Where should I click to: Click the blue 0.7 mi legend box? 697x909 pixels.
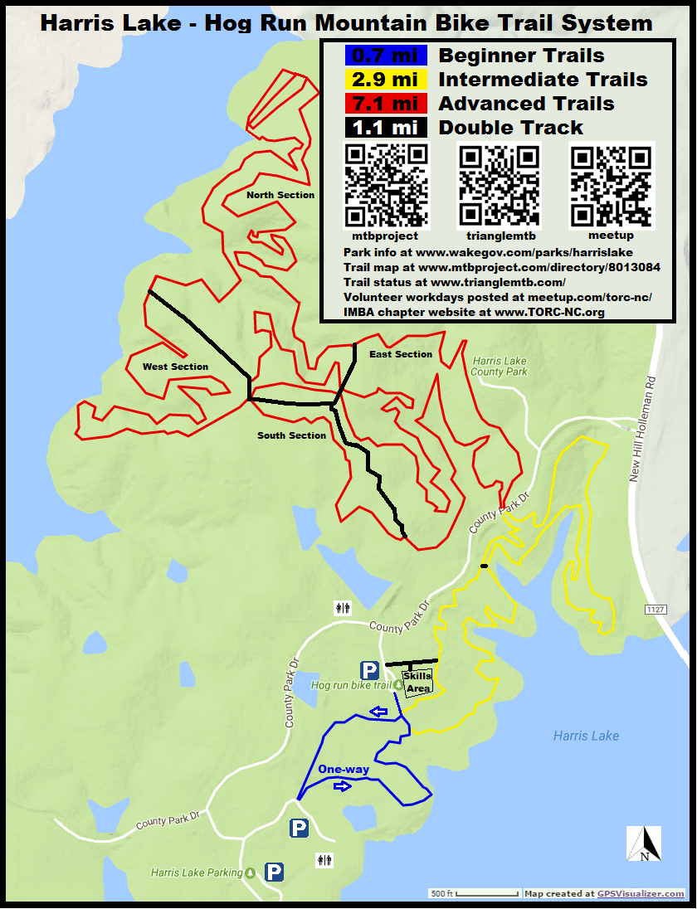385,56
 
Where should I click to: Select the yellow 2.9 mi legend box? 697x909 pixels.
385,80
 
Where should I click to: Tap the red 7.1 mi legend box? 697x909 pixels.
385,104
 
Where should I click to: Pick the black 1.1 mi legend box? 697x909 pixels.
385,128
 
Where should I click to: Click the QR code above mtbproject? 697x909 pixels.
386,186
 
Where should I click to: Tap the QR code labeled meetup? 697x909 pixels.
612,186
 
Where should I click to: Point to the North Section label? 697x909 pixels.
280,196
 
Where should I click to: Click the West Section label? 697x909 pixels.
175,367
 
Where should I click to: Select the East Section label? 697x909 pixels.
401,354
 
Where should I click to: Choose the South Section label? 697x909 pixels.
291,435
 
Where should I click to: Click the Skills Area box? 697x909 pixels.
417,683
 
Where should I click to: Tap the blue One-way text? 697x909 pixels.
344,770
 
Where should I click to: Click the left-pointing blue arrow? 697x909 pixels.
378,711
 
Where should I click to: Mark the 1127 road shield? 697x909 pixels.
655,610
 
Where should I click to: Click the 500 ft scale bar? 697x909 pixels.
474,894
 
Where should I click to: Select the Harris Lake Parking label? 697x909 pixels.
197,873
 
